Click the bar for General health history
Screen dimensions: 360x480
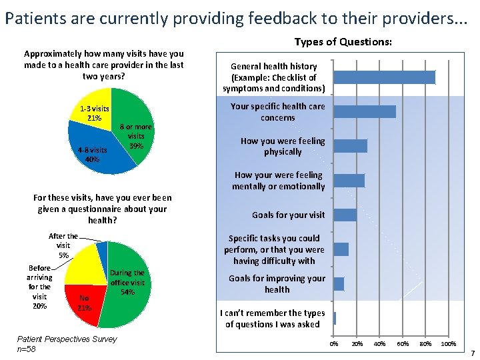coord(384,77)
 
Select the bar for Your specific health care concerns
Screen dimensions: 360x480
coord(365,111)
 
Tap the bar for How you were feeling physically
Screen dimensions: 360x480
coord(350,146)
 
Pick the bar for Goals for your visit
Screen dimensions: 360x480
coord(345,215)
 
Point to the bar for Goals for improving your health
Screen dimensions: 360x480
coord(339,284)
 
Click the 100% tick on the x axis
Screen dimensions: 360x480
coord(449,344)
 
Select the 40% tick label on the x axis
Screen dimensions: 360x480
coord(380,344)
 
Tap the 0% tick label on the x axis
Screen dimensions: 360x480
coord(334,344)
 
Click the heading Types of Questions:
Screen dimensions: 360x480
coord(343,42)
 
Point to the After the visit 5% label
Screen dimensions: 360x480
coord(63,245)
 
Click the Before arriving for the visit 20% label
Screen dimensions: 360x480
coord(39,287)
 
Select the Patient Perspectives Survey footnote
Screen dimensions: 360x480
coord(67,339)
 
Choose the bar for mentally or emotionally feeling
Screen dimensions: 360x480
coord(349,181)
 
